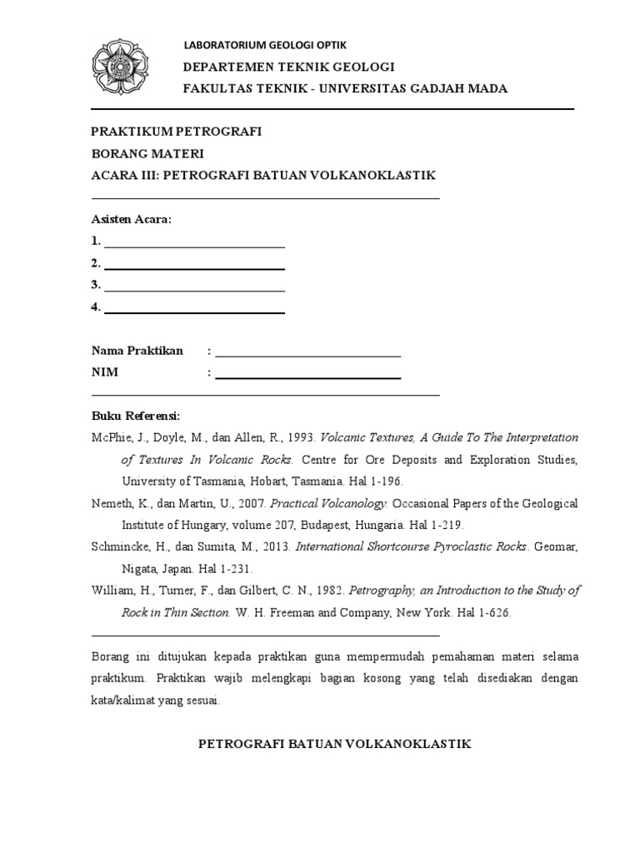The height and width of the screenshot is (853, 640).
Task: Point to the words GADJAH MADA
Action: pos(464,89)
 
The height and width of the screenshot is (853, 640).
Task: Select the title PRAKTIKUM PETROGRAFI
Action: pos(177,132)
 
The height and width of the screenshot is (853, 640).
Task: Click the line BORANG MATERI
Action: pos(147,153)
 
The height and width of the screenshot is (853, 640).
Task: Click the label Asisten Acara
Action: pos(132,219)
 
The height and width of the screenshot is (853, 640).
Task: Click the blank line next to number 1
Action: pos(194,247)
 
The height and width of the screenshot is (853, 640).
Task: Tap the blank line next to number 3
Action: pos(194,290)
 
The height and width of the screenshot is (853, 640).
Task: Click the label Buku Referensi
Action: pos(135,416)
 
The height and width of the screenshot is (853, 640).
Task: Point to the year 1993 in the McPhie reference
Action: pos(298,437)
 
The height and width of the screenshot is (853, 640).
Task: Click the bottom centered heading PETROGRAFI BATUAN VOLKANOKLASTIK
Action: pos(334,744)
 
